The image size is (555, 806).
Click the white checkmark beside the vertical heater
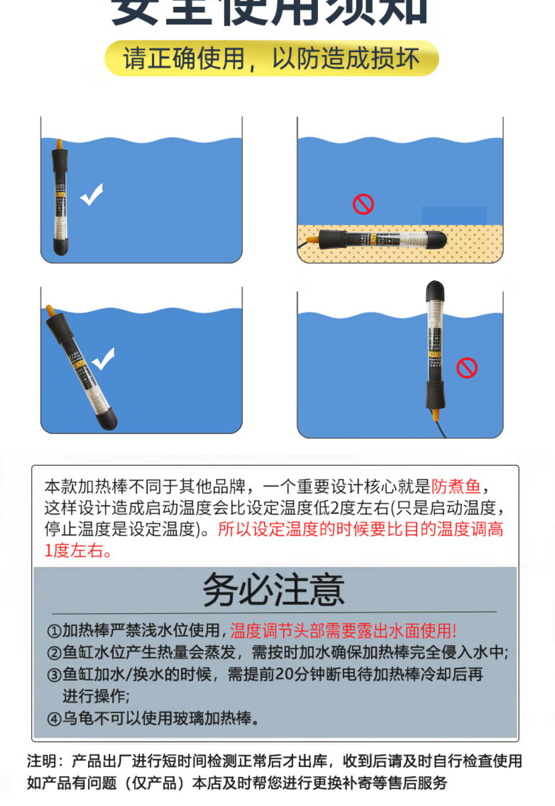(x=92, y=194)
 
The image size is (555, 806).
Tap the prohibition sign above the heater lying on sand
(x=363, y=204)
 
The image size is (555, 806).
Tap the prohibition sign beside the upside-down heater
(x=467, y=368)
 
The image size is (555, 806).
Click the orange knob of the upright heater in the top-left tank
(x=59, y=144)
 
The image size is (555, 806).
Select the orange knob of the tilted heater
(x=51, y=310)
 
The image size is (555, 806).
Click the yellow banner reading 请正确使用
(x=271, y=58)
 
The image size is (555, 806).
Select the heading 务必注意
(x=274, y=590)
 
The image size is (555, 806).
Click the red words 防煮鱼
(x=456, y=487)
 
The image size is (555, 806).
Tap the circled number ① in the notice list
(x=54, y=632)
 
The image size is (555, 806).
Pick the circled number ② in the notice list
(x=54, y=653)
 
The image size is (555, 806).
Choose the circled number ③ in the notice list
(x=54, y=675)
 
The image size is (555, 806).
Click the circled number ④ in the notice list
(x=54, y=719)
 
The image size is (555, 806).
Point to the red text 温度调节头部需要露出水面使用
(x=343, y=631)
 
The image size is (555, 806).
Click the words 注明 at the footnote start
(x=42, y=761)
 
